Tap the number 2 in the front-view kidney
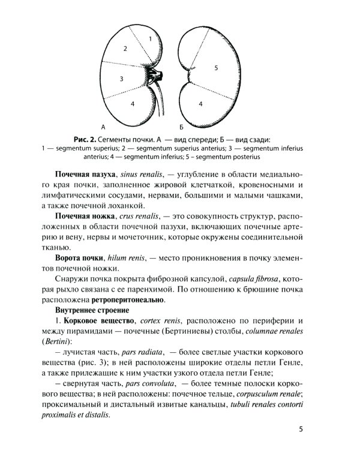point(125,48)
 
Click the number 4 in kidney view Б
point(200,104)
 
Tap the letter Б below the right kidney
point(181,127)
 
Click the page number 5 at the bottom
point(301,430)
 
